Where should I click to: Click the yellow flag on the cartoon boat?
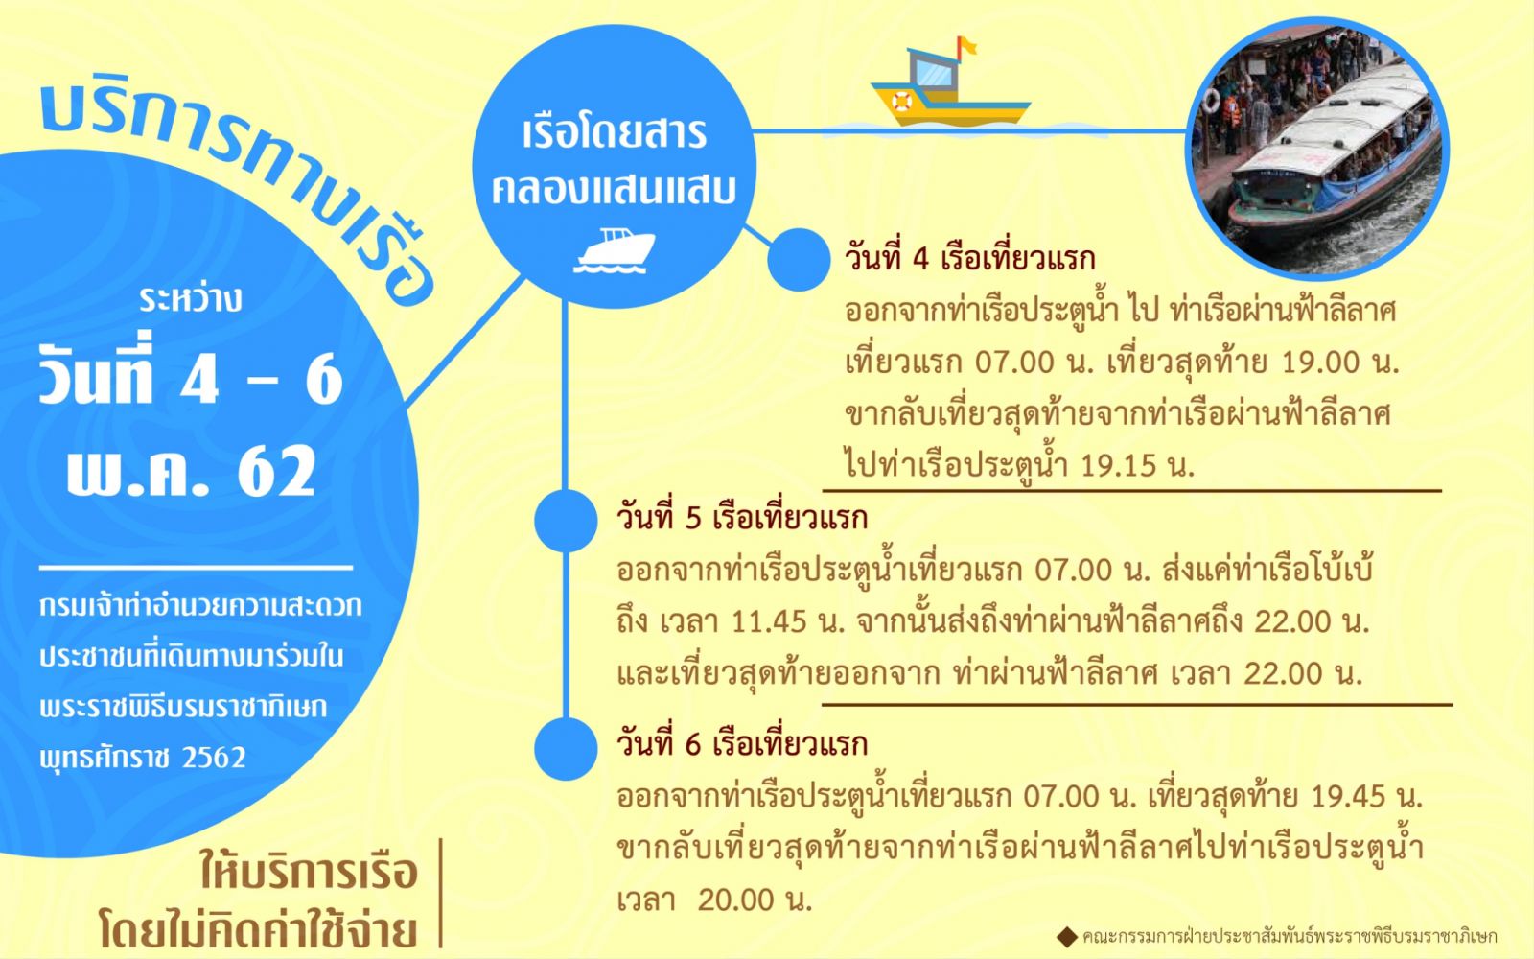967,46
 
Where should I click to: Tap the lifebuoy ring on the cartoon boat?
902,102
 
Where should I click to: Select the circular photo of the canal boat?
1317,149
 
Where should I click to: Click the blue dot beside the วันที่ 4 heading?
799,260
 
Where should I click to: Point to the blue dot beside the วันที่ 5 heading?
566,521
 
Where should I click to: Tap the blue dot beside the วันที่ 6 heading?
566,749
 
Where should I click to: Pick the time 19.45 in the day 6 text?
1348,796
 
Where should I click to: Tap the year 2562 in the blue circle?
215,758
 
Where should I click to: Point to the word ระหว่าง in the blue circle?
191,299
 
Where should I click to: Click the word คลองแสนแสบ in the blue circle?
614,189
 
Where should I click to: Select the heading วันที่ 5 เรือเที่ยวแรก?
742,518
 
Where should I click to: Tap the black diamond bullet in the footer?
1067,936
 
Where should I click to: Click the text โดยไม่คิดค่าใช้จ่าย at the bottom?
258,930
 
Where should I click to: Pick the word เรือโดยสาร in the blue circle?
615,133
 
